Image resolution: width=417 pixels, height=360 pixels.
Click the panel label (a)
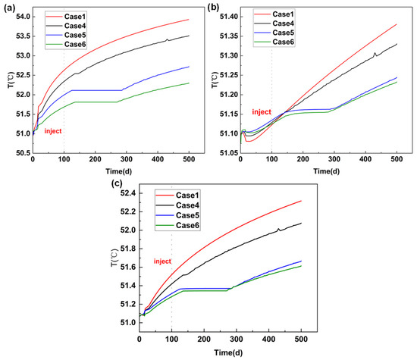[x=9, y=8]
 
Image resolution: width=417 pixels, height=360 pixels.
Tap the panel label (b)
[x=213, y=8]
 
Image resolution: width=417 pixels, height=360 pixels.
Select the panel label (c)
[x=117, y=183]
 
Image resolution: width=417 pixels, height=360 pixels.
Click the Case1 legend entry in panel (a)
[x=66, y=17]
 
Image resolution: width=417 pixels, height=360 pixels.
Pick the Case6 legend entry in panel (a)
[x=66, y=44]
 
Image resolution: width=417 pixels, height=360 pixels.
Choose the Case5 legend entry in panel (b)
[x=274, y=33]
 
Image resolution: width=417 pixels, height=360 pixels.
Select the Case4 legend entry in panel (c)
[x=177, y=205]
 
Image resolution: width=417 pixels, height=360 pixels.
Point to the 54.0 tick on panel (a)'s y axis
[x=24, y=17]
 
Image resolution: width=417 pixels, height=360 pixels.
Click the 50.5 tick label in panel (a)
[x=24, y=153]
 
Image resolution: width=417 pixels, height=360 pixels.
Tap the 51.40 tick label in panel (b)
[x=229, y=17]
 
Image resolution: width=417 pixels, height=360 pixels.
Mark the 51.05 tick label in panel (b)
[x=229, y=153]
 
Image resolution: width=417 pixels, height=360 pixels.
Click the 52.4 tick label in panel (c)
[x=128, y=193]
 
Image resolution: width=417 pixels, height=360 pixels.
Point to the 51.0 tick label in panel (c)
[x=128, y=323]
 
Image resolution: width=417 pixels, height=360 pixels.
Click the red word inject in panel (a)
[x=53, y=131]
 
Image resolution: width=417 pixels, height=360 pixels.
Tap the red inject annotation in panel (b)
[x=262, y=112]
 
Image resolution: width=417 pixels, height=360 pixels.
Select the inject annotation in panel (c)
[x=162, y=261]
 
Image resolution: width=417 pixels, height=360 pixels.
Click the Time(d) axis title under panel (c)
[x=228, y=352]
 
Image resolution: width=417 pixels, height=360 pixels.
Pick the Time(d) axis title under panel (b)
[x=326, y=171]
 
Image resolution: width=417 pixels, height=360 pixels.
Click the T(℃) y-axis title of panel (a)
[x=11, y=80]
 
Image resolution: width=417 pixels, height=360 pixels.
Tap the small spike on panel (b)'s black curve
[x=375, y=55]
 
